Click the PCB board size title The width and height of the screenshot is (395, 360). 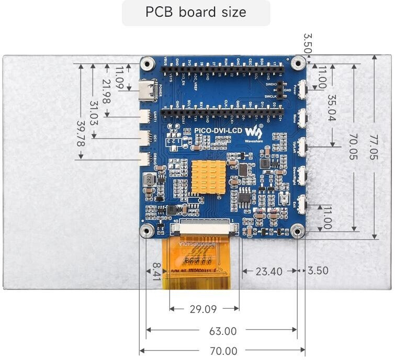click(x=196, y=13)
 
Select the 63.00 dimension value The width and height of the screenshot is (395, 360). click(x=222, y=331)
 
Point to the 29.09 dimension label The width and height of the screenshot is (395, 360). click(x=203, y=309)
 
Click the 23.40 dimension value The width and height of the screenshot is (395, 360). click(x=269, y=271)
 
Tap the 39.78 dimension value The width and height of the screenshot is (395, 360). click(x=81, y=134)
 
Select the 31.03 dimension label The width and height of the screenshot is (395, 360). click(x=94, y=115)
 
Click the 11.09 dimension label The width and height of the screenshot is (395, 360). click(x=120, y=77)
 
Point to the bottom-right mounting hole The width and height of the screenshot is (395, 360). click(x=298, y=230)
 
